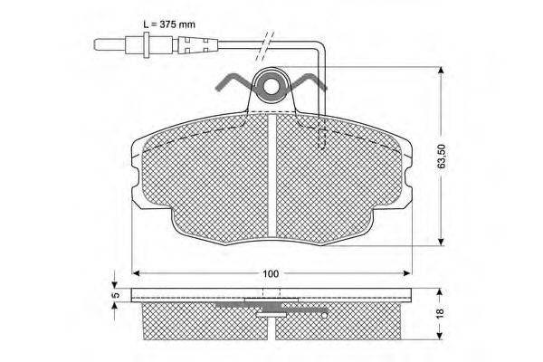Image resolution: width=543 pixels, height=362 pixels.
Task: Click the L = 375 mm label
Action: coord(169,24)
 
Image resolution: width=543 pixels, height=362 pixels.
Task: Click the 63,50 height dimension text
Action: coord(442,157)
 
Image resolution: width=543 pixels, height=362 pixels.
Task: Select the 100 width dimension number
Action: coord(271,273)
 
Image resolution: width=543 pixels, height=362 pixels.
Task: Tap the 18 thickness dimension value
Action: coord(440,312)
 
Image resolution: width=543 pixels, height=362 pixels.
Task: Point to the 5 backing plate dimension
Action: coord(116,295)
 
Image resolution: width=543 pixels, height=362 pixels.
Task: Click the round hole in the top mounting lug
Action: coord(272,87)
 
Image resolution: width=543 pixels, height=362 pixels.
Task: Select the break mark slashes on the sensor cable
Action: coord(264,46)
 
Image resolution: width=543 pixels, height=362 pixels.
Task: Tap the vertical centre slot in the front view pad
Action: coord(272,176)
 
